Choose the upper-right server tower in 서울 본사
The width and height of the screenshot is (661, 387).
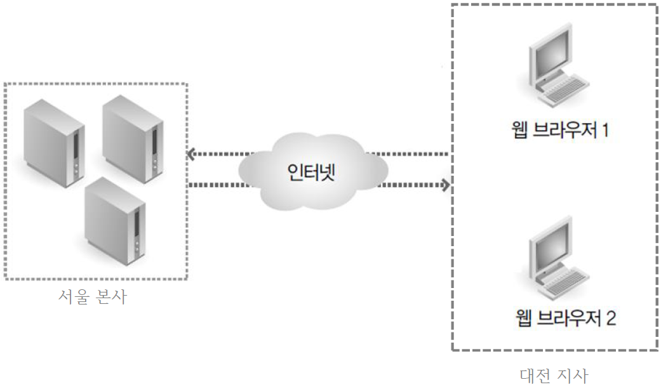[x=130, y=134]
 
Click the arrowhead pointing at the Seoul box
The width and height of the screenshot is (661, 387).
[x=190, y=154]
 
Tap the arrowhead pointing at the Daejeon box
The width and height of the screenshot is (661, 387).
[x=446, y=185]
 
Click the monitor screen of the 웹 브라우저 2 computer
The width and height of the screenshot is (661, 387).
[x=548, y=247]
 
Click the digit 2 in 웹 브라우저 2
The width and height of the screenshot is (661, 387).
[x=610, y=317]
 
